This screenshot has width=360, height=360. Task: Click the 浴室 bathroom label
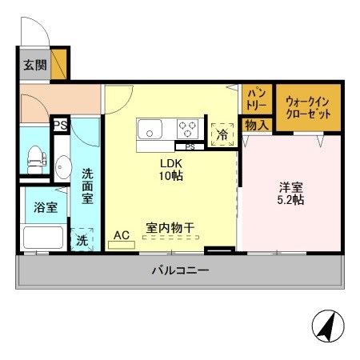(x=45, y=207)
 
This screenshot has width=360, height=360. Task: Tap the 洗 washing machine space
(x=82, y=239)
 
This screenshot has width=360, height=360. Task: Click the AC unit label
(x=122, y=235)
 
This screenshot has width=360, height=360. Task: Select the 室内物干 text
(x=170, y=228)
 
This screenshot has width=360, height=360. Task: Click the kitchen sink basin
(x=150, y=128)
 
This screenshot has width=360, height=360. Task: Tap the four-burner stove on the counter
(x=188, y=128)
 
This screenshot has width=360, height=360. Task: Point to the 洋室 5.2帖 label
(x=290, y=194)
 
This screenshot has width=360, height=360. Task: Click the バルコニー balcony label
(x=180, y=271)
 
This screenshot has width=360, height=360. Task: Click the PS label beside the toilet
(x=59, y=125)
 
